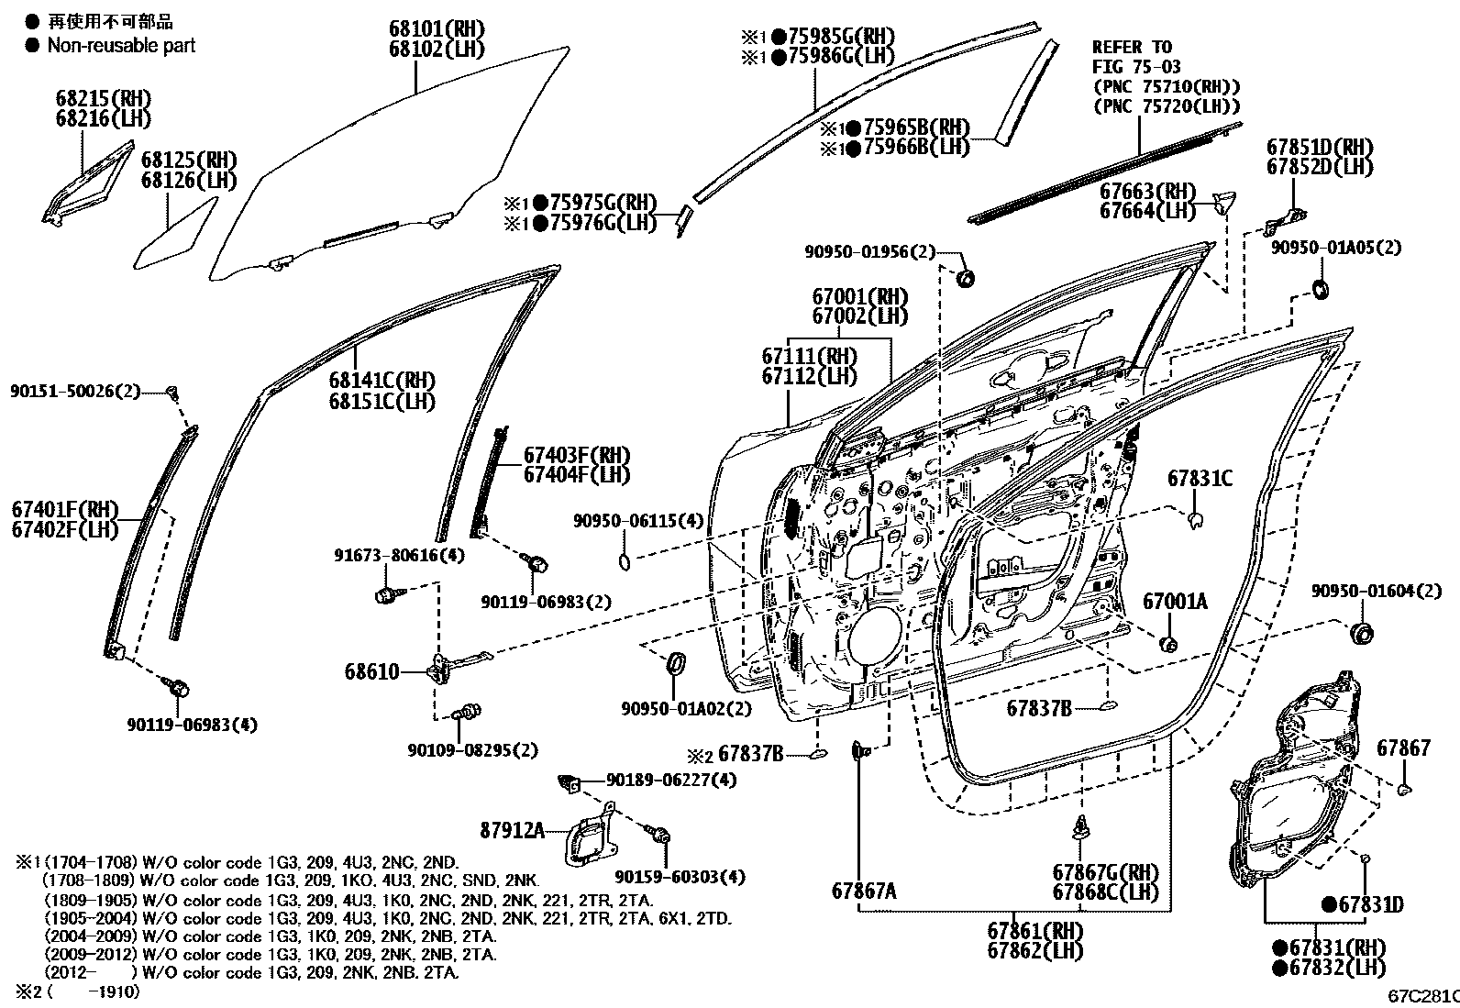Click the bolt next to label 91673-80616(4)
click(x=385, y=595)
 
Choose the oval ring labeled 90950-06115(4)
click(x=624, y=560)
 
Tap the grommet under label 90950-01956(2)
click(x=964, y=277)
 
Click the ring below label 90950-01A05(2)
click(x=1322, y=290)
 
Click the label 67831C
click(x=1200, y=479)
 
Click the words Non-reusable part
click(x=121, y=45)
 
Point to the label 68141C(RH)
click(x=382, y=381)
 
